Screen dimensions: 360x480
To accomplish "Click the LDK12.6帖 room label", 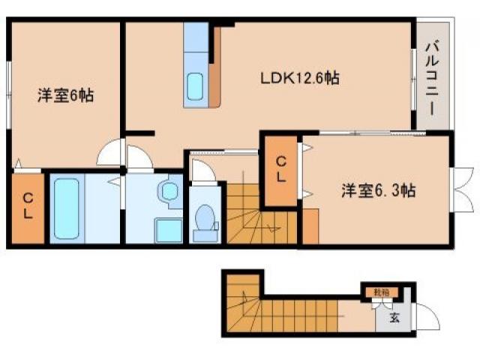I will point(299,78).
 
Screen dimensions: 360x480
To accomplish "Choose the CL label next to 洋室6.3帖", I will point(280,169).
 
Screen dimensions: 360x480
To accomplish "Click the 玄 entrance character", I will point(394,317).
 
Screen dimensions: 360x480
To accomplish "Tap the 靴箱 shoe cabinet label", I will point(382,291).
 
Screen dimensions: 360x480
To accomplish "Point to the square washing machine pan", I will point(168,229).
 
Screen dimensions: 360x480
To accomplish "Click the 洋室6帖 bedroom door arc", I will point(109,154).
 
